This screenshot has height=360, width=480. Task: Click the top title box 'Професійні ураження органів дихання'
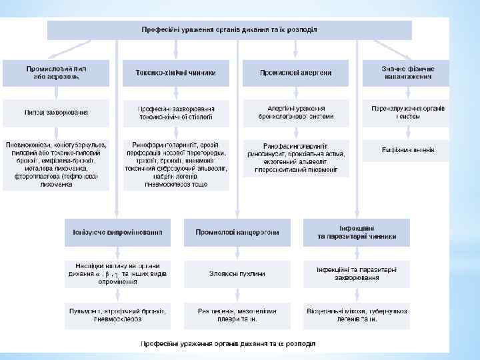click(229, 30)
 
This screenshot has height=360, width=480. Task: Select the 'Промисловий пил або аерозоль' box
click(56, 73)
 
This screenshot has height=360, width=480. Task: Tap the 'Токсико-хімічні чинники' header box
click(176, 73)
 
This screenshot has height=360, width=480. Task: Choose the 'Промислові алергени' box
click(295, 73)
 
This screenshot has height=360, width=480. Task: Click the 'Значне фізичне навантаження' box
click(407, 73)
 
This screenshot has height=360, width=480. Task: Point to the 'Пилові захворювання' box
click(56, 113)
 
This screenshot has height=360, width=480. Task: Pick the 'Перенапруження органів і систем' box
click(407, 113)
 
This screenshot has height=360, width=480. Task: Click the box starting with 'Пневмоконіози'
click(56, 164)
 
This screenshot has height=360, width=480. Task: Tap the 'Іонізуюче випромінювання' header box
click(117, 232)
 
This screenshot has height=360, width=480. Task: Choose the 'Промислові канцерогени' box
click(237, 232)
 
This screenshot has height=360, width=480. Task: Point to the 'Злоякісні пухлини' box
click(237, 273)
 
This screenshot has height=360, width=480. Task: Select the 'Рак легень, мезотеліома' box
click(237, 315)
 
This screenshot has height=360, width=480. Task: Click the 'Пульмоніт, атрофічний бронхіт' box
click(117, 315)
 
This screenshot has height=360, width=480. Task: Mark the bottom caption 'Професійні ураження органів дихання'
click(228, 344)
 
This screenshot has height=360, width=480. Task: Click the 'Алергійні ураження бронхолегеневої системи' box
click(295, 113)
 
